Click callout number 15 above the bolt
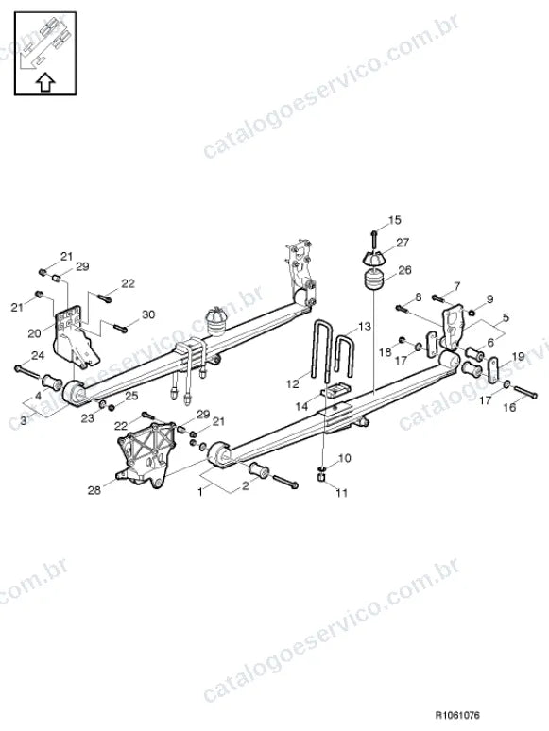395,220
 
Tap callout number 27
403,243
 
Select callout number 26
404,270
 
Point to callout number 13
365,326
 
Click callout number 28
94,490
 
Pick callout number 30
148,314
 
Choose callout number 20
35,333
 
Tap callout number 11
342,493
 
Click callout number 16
510,407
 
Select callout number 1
200,491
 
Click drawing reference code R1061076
457,715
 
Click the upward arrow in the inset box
45,82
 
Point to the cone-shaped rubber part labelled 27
373,258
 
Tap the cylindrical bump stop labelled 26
373,280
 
